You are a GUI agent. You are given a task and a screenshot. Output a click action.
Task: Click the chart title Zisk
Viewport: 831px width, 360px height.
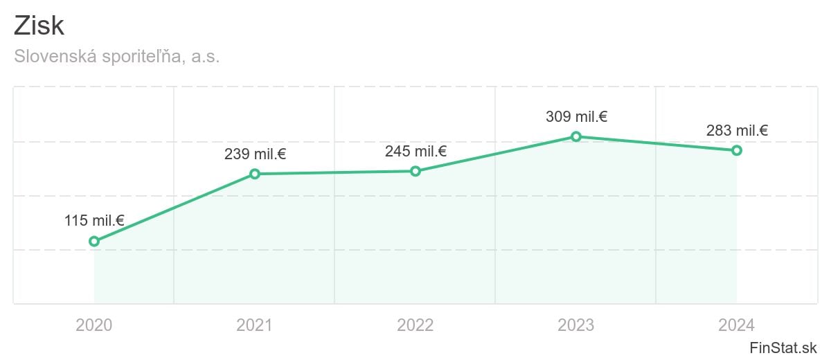[39, 26]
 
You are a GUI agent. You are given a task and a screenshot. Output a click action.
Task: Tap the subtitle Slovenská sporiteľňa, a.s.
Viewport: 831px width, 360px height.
[116, 57]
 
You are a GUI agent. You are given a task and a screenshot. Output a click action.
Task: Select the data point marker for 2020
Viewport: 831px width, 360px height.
[94, 242]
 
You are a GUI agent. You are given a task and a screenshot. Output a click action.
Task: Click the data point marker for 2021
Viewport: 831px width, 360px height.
[255, 174]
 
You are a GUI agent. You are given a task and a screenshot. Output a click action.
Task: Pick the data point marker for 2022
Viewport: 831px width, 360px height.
[415, 171]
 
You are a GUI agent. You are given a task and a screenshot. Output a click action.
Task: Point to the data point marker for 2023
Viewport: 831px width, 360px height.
[576, 136]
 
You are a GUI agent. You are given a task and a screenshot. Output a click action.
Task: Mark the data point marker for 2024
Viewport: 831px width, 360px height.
[737, 150]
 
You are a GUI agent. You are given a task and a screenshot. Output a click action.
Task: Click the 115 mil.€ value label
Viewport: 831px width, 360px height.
[94, 221]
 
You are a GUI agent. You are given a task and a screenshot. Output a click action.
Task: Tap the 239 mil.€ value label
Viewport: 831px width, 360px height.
[255, 154]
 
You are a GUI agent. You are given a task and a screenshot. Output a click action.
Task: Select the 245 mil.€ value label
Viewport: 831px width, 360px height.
[415, 151]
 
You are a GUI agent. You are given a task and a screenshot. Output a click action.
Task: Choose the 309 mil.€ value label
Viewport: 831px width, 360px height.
[576, 117]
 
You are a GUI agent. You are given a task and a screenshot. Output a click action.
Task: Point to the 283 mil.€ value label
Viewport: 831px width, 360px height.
[737, 131]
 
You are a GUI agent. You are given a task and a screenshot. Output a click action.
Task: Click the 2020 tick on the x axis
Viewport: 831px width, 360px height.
[94, 325]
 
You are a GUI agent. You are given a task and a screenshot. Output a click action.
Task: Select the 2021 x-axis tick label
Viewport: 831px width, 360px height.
[255, 325]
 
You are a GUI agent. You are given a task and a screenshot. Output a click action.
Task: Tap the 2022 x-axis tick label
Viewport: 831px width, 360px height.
[415, 325]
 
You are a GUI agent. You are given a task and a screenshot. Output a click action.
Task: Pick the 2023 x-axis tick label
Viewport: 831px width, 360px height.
[576, 325]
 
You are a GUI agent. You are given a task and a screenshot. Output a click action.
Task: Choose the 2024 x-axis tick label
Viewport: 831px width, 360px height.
[737, 325]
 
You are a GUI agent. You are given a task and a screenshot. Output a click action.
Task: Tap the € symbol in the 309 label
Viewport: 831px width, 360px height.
[602, 117]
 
